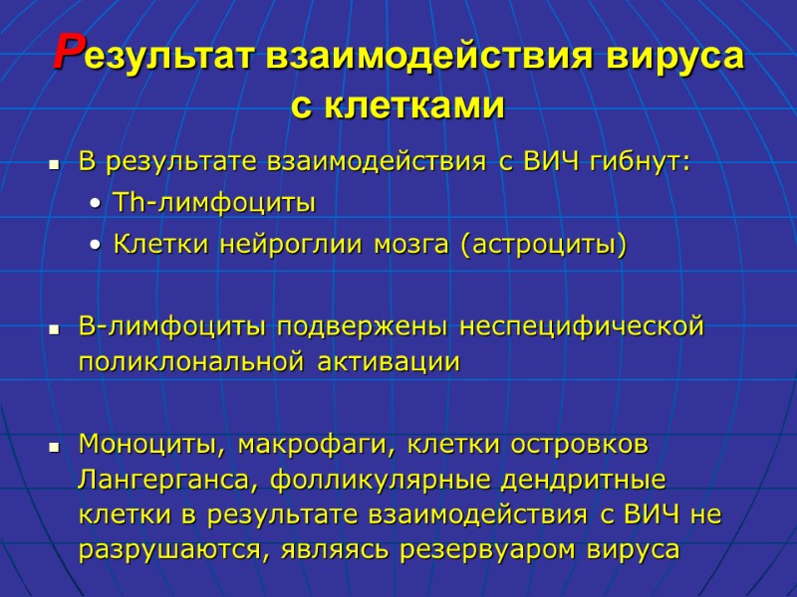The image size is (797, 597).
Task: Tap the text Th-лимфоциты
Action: (214, 204)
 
